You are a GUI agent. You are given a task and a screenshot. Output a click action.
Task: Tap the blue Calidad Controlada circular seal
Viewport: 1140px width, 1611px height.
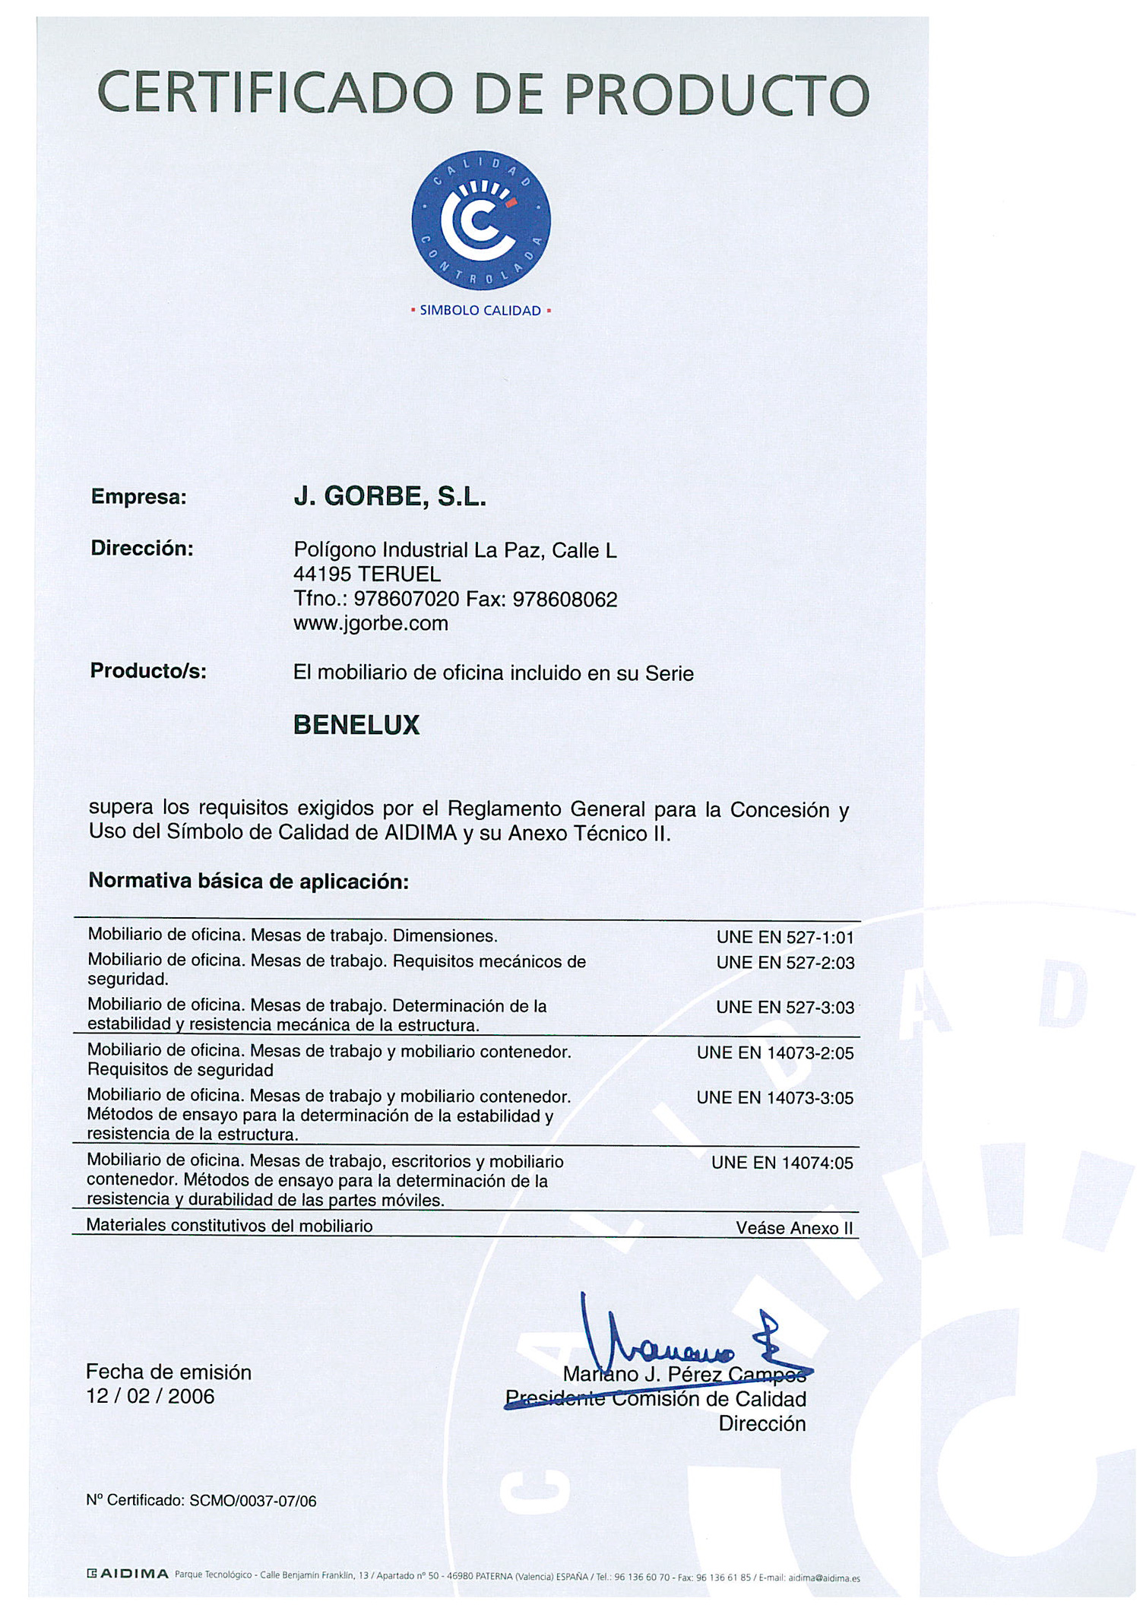(480, 220)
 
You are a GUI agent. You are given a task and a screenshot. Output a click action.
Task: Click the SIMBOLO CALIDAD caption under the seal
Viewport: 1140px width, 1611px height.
(480, 310)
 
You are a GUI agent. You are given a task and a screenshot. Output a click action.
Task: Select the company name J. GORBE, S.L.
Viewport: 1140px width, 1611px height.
(390, 496)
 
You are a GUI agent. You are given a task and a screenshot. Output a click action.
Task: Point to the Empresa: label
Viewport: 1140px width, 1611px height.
(138, 497)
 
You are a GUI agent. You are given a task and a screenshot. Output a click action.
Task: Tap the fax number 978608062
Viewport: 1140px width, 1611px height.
(565, 600)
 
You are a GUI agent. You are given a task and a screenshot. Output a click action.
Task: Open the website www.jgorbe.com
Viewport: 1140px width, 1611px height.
(371, 624)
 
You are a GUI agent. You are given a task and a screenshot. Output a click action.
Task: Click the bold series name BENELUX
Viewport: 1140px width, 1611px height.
(356, 725)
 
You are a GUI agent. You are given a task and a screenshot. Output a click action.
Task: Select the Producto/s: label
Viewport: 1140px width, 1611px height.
(148, 671)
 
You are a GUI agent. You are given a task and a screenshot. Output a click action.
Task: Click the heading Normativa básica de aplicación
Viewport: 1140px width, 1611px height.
(249, 881)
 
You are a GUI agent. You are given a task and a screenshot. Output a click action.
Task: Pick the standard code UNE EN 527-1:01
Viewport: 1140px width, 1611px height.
(785, 938)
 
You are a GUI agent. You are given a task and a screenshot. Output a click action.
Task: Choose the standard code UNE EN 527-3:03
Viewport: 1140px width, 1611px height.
(785, 1008)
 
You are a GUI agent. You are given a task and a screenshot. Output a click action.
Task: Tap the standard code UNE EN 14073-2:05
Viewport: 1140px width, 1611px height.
(775, 1053)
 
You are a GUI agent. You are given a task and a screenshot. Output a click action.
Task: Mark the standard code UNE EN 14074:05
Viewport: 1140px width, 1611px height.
(782, 1163)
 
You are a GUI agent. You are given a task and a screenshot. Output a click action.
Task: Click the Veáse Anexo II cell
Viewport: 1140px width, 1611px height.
(794, 1228)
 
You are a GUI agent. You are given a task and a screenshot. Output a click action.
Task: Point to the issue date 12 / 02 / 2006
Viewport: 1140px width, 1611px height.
(150, 1396)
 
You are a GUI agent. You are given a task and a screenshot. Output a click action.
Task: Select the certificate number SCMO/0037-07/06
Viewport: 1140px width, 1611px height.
(252, 1501)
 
